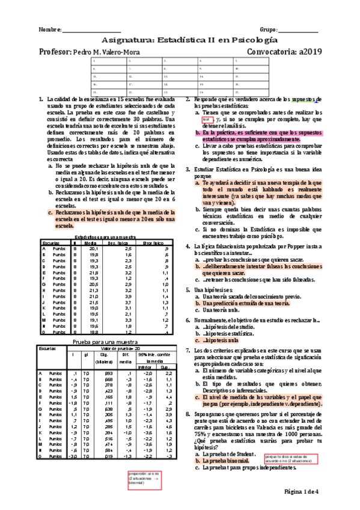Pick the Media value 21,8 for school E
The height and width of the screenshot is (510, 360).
coord(93,272)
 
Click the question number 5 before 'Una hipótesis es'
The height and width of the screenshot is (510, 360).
coord(188,289)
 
